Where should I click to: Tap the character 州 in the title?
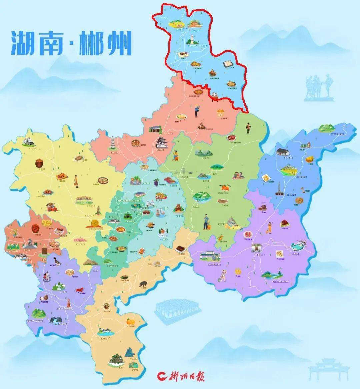119,43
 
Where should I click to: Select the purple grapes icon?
156,182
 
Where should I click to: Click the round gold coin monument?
94,223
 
